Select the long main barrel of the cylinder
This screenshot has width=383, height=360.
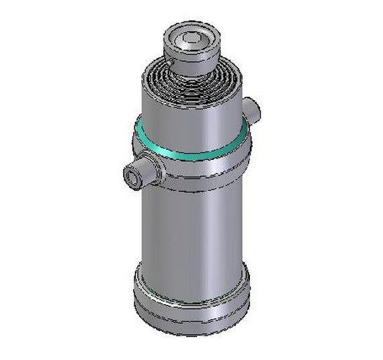click(x=195, y=228)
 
